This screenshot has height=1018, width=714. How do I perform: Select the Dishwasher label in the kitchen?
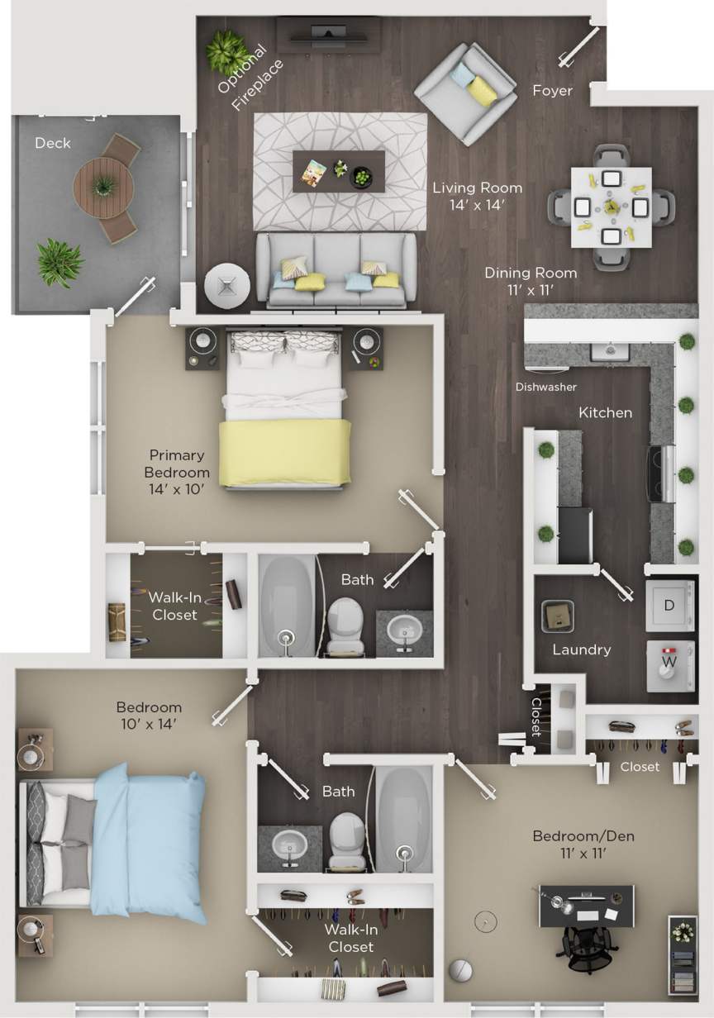pyautogui.click(x=546, y=387)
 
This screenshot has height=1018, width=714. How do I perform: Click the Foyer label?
pyautogui.click(x=552, y=90)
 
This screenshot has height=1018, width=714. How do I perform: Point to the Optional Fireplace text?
pyautogui.click(x=250, y=78)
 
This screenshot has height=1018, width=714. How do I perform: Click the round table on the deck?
pyautogui.click(x=103, y=188)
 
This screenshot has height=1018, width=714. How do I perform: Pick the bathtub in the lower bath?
pyautogui.click(x=404, y=819)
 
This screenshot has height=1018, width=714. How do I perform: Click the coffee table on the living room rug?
pyautogui.click(x=339, y=171)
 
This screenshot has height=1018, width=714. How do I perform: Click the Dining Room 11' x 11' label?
pyautogui.click(x=531, y=281)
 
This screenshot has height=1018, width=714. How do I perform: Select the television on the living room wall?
pyautogui.click(x=328, y=33)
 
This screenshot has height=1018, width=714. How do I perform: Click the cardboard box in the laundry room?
pyautogui.click(x=558, y=616)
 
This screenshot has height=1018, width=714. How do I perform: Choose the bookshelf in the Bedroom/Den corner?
pyautogui.click(x=682, y=954)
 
